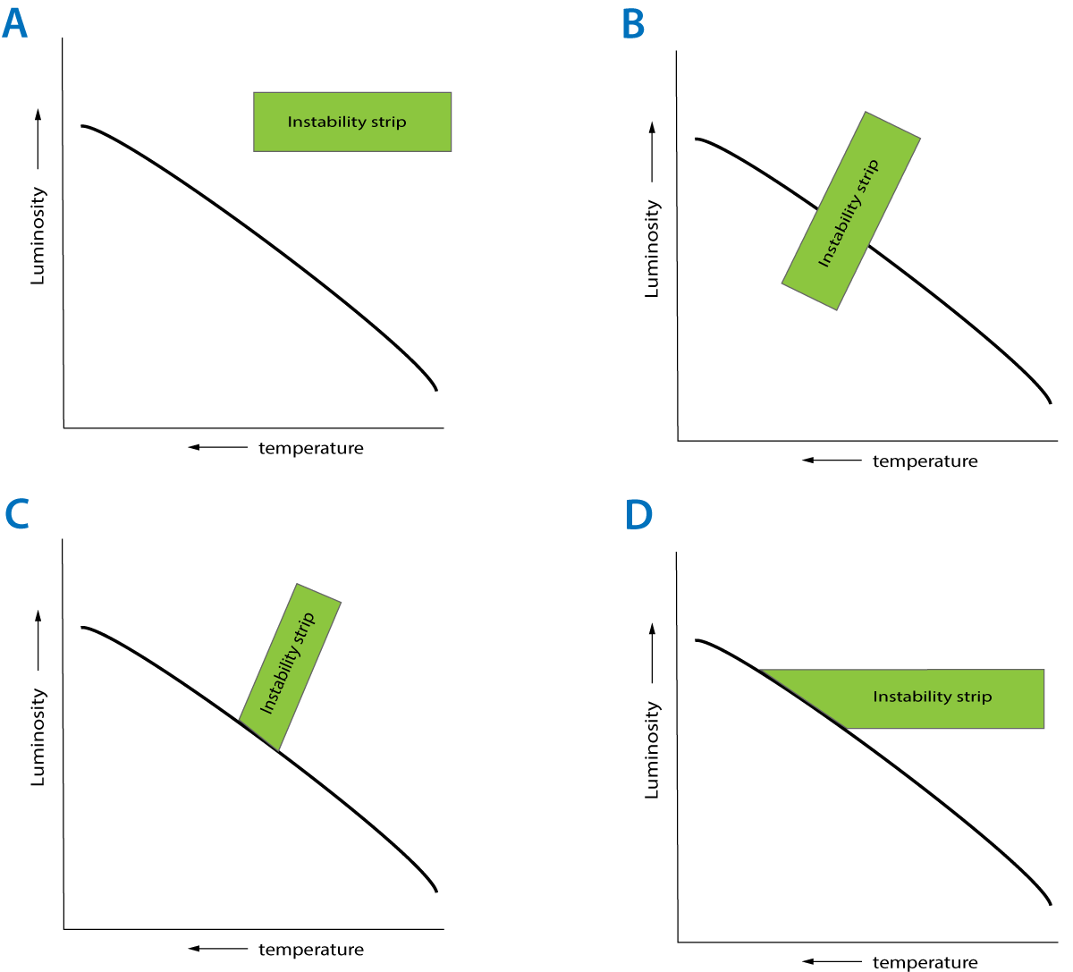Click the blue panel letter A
14,24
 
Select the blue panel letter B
633,25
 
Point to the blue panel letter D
638,515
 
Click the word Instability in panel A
323,122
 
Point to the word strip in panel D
975,697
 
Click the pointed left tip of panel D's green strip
761,670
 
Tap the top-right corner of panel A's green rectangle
451,92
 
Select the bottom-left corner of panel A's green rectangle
254,150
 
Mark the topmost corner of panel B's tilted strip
866,112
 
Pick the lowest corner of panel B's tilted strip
837,310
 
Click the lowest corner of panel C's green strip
278,750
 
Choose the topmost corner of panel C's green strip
297,584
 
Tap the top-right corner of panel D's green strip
1043,670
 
